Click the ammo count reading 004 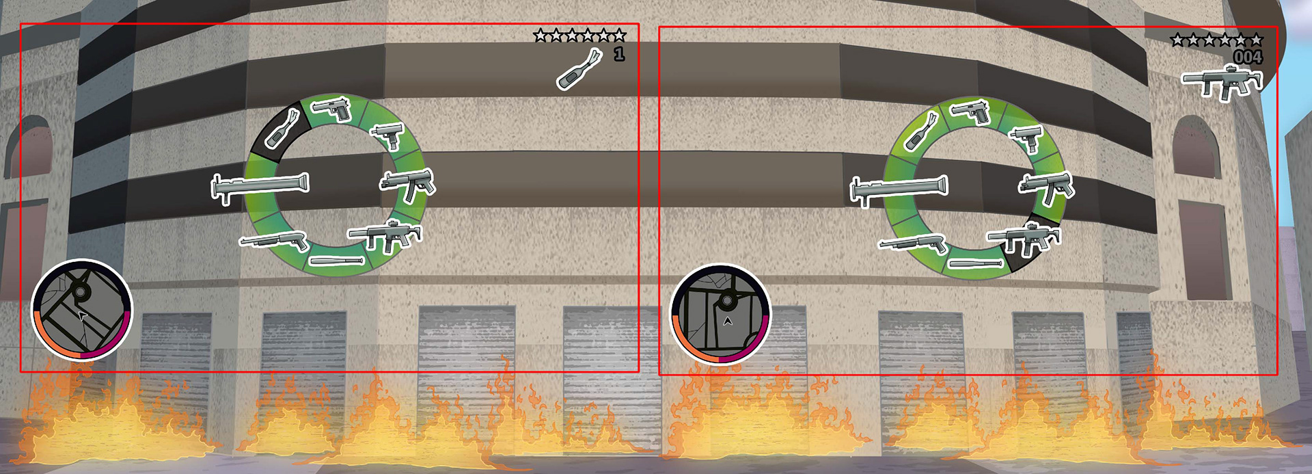1248,57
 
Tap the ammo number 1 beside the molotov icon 619,54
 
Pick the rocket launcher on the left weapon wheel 260,187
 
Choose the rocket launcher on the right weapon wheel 899,189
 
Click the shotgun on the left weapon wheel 274,240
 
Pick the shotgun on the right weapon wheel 913,243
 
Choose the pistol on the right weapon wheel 972,111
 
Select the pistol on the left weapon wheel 332,108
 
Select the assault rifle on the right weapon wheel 1024,239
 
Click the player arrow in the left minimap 82,316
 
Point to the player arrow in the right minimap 727,319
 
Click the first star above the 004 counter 1177,40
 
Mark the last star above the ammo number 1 619,36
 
